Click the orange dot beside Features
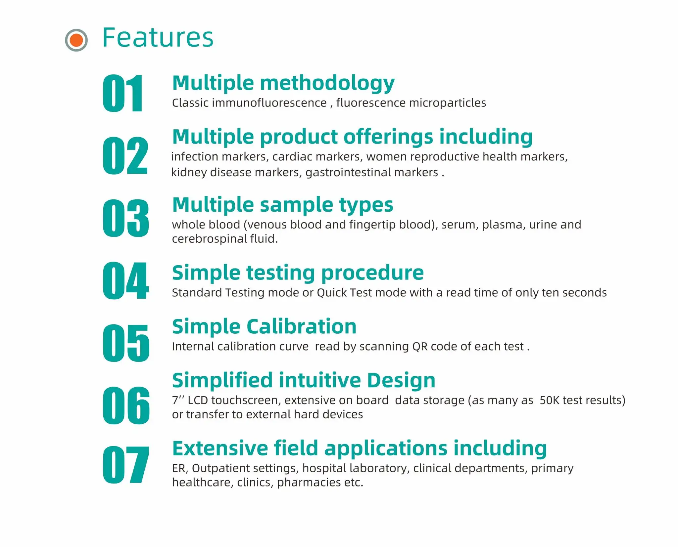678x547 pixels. tap(76, 40)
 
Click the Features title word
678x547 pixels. tap(158, 38)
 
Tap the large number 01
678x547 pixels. tap(122, 93)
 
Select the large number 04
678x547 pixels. tap(125, 280)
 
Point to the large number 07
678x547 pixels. tap(125, 465)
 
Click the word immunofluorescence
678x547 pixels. tap(269, 103)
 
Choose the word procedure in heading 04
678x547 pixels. tap(372, 273)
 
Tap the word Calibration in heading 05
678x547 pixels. tap(301, 327)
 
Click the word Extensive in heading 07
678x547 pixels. tap(220, 448)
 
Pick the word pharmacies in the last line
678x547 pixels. tap(309, 483)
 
